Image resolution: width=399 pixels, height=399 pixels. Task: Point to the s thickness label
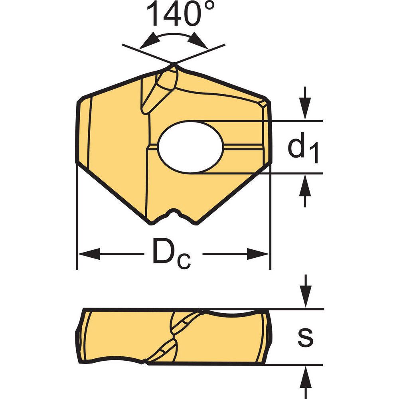(x=306, y=338)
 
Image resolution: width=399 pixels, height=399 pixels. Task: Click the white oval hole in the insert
(x=191, y=147)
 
